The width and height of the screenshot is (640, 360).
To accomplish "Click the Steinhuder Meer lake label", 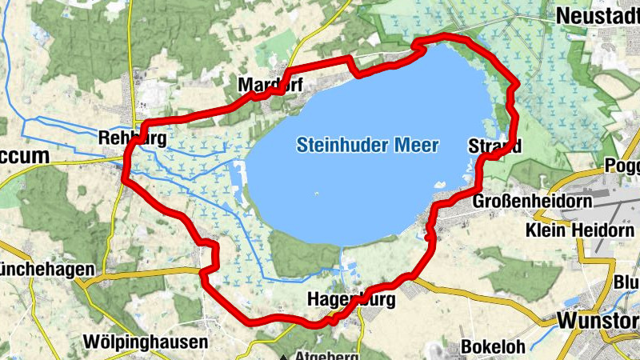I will click(367, 146).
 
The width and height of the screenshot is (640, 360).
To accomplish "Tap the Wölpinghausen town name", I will click(146, 342).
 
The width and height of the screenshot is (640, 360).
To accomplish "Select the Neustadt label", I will click(597, 15).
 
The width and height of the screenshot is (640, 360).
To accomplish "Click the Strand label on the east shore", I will click(494, 146).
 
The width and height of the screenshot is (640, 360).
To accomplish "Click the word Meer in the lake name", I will click(419, 146).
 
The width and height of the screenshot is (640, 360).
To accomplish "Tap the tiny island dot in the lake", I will click(317, 193).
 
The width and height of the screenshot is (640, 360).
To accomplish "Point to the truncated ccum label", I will click(24, 156).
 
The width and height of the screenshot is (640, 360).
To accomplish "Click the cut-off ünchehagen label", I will click(46, 269).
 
